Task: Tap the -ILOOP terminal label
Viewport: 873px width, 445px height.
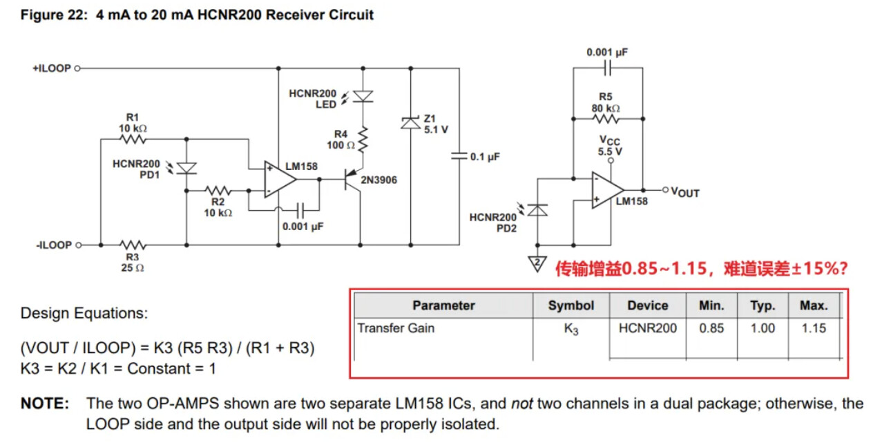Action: pos(53,245)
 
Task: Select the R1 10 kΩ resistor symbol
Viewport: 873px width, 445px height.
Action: pos(133,139)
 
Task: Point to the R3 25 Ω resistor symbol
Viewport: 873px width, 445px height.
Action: pos(132,245)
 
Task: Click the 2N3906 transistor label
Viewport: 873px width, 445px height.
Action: pos(378,180)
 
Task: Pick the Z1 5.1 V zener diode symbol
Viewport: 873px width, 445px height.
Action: pos(411,122)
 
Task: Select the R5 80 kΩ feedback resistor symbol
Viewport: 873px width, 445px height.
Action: pos(606,118)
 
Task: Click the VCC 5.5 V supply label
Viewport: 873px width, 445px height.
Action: pos(610,146)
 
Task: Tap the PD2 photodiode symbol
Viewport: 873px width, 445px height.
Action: pos(537,209)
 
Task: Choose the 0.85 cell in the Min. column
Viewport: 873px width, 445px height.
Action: pos(711,328)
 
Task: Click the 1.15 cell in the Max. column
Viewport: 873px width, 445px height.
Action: pos(814,328)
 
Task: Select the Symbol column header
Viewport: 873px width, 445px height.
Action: pos(570,305)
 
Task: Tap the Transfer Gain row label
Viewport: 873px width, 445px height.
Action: pos(396,328)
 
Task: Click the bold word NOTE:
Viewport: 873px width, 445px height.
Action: pos(44,404)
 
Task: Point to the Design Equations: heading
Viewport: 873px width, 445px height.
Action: pos(84,313)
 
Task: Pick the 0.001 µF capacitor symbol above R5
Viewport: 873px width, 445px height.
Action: pos(606,68)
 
